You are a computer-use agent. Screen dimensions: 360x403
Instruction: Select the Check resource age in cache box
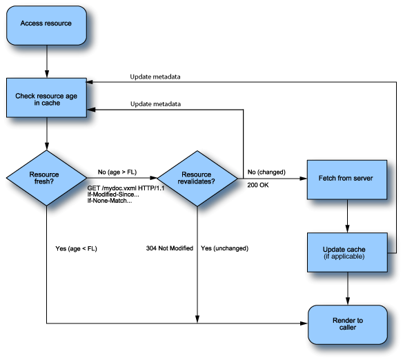pyautogui.click(x=46, y=99)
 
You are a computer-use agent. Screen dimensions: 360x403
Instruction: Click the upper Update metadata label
pyautogui.click(x=155, y=77)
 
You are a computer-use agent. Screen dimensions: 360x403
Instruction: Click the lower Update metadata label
pyautogui.click(x=155, y=104)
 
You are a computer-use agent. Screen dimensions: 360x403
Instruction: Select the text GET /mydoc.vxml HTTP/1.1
pyautogui.click(x=126, y=188)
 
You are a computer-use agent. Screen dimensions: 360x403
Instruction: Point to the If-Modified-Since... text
pyautogui.click(x=115, y=194)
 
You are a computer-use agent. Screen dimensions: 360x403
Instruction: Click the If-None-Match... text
pyautogui.click(x=110, y=201)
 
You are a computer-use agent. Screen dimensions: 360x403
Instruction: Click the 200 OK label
pyautogui.click(x=257, y=186)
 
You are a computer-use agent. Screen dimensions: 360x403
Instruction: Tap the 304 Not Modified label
pyautogui.click(x=170, y=248)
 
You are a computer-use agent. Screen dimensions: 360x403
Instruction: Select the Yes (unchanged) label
pyautogui.click(x=224, y=248)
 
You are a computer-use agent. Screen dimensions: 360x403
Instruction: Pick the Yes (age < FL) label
pyautogui.click(x=76, y=248)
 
